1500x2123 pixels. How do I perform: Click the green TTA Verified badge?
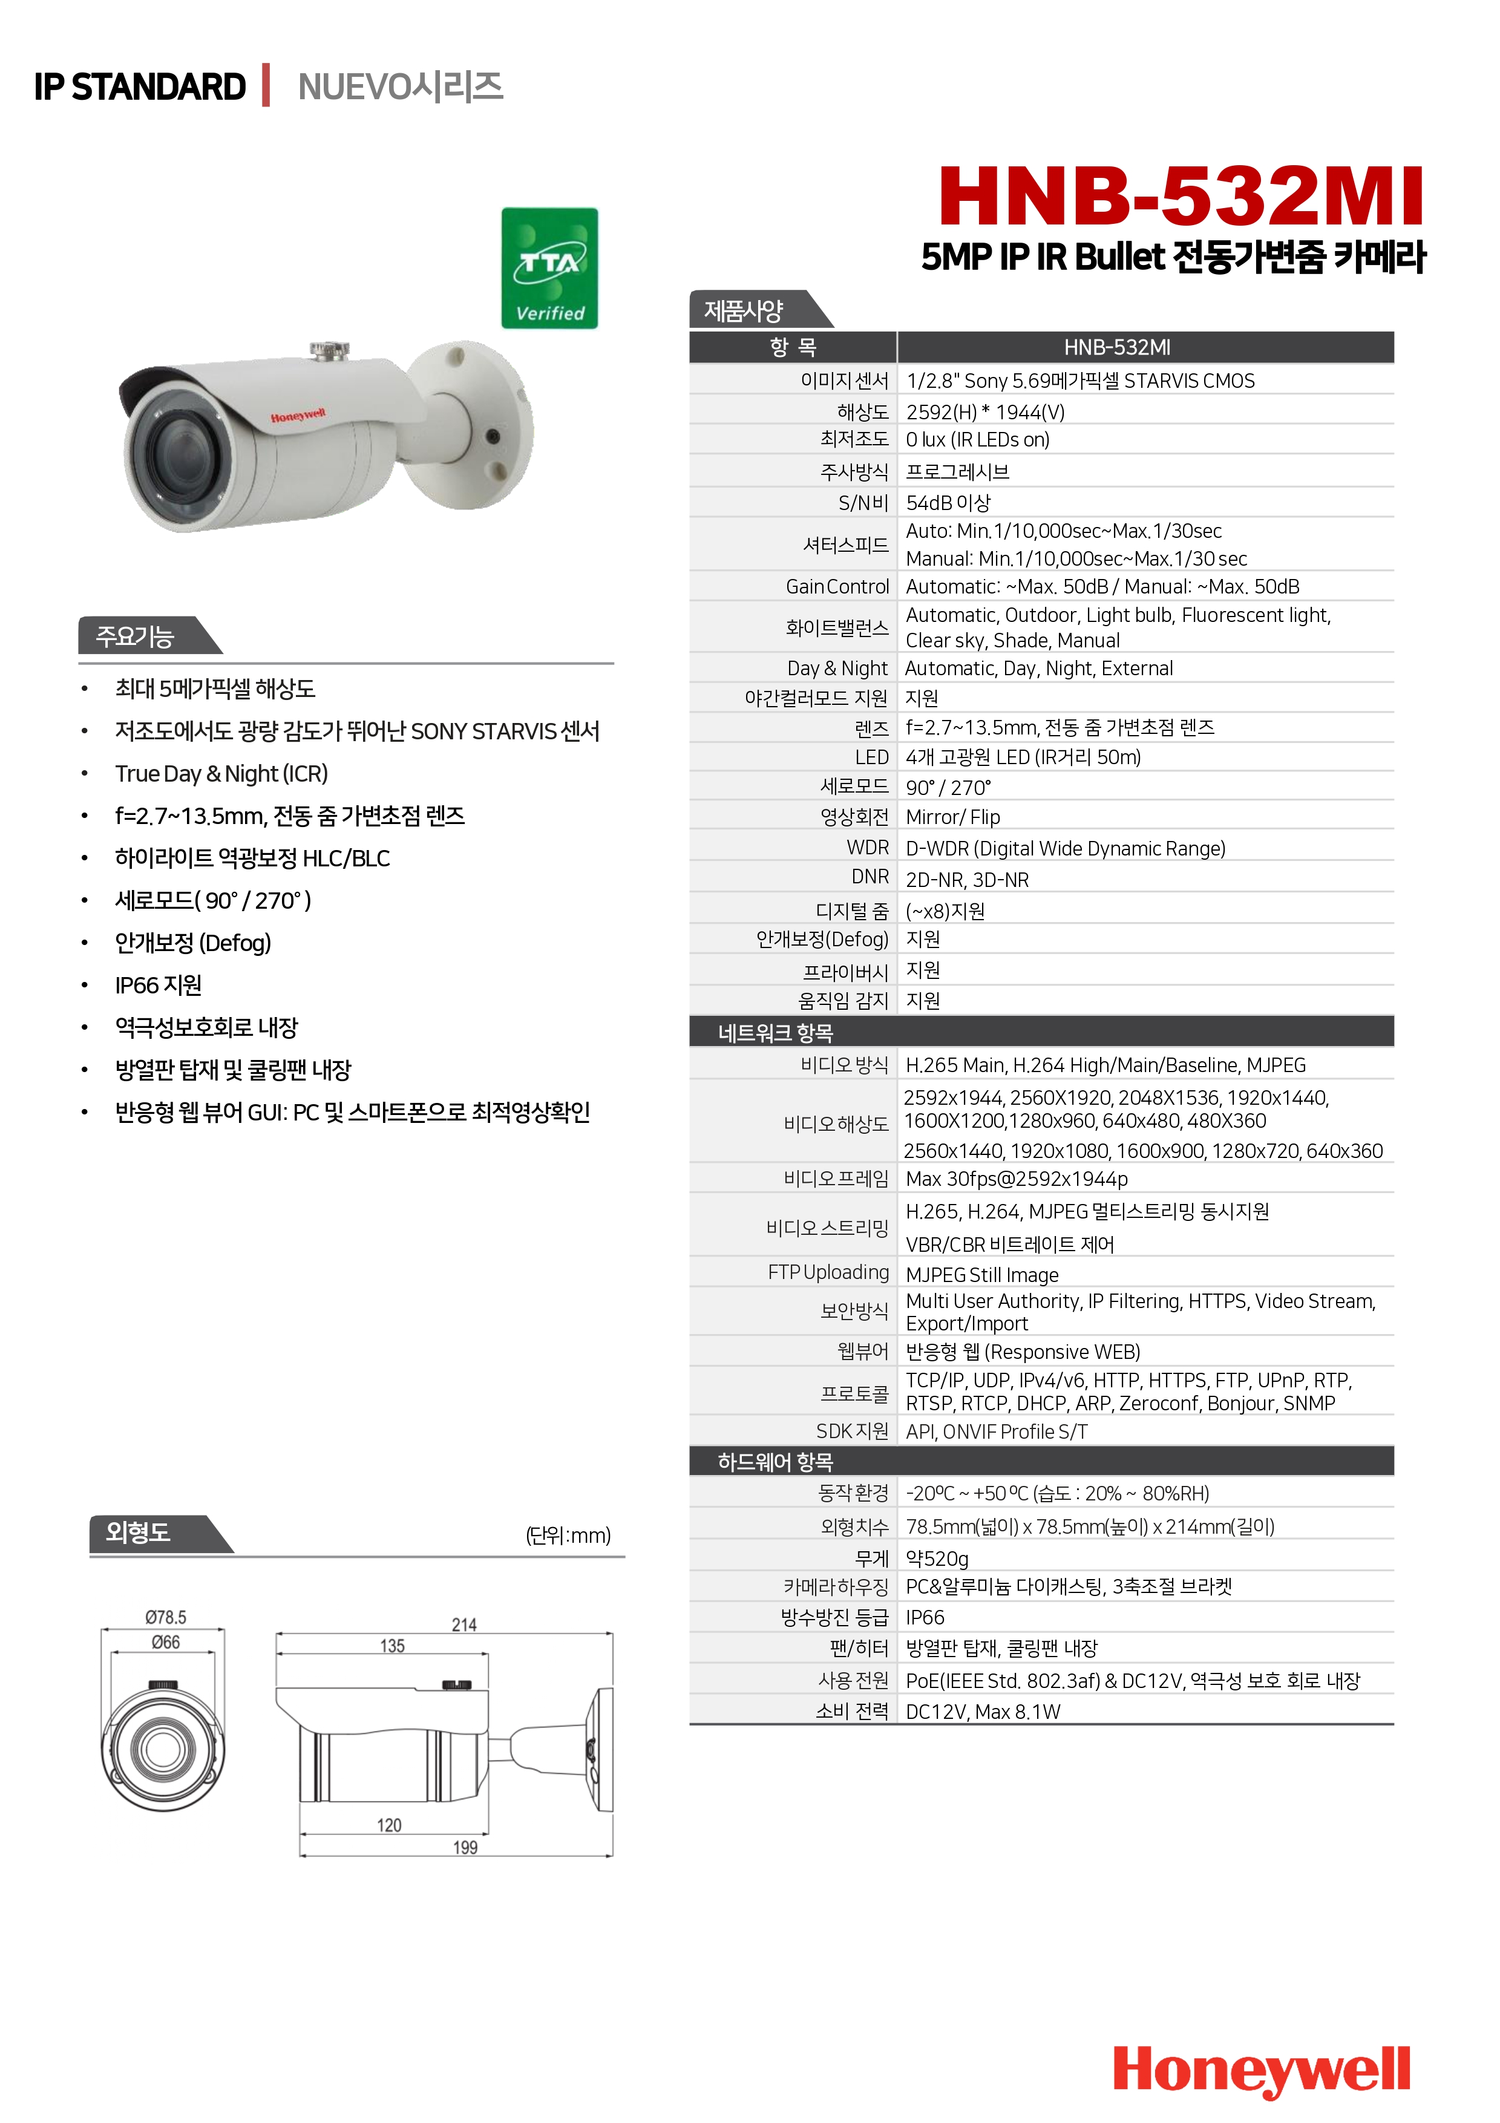pyautogui.click(x=549, y=268)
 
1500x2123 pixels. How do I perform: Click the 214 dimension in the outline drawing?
pyautogui.click(x=464, y=1624)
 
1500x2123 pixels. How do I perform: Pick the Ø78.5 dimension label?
pyautogui.click(x=166, y=1617)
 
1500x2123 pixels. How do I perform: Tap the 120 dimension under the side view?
pyautogui.click(x=389, y=1825)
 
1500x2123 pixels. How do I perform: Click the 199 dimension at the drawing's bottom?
pyautogui.click(x=465, y=1848)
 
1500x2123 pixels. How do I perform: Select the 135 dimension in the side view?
pyautogui.click(x=392, y=1646)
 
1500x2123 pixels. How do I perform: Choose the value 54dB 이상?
pyautogui.click(x=948, y=503)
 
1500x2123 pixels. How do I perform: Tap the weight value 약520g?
pyautogui.click(x=937, y=1559)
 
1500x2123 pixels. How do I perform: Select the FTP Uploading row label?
pyautogui.click(x=828, y=1272)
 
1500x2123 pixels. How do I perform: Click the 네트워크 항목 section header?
pyautogui.click(x=775, y=1033)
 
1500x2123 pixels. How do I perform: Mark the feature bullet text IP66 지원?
pyautogui.click(x=158, y=986)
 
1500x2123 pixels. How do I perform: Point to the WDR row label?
pyautogui.click(x=868, y=848)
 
